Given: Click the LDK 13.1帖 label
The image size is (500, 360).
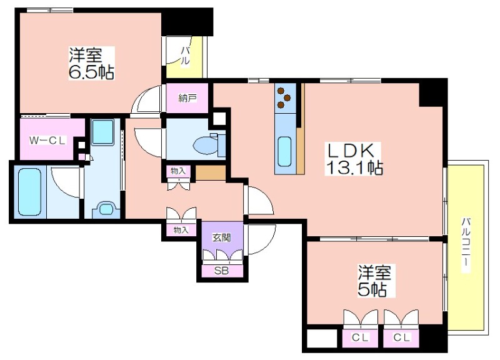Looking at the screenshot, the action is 354,159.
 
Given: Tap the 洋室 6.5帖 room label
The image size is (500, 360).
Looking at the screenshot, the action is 91,63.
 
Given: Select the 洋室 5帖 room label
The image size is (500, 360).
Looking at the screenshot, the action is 374,281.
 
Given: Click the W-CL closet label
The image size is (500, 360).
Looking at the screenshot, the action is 47,140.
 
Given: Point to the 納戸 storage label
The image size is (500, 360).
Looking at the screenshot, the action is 187,98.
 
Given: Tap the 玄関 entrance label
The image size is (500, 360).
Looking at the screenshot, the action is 222,237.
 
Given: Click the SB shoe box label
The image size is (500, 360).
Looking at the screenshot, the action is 221,271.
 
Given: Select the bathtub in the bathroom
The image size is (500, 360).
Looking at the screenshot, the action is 29,192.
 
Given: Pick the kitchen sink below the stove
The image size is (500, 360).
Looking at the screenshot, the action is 284,152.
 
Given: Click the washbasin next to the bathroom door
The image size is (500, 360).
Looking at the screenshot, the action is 106,210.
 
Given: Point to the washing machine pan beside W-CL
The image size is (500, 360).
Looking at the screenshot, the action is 102,132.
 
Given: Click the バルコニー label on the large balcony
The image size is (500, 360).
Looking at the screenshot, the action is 466,245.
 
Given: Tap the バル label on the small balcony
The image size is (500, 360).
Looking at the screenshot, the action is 185,56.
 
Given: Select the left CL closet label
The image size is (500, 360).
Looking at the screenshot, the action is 361,337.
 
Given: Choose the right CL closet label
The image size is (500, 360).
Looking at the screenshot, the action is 401,337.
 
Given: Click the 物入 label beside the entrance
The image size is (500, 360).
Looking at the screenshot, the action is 181,229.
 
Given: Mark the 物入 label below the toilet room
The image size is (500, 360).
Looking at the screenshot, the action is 178,171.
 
